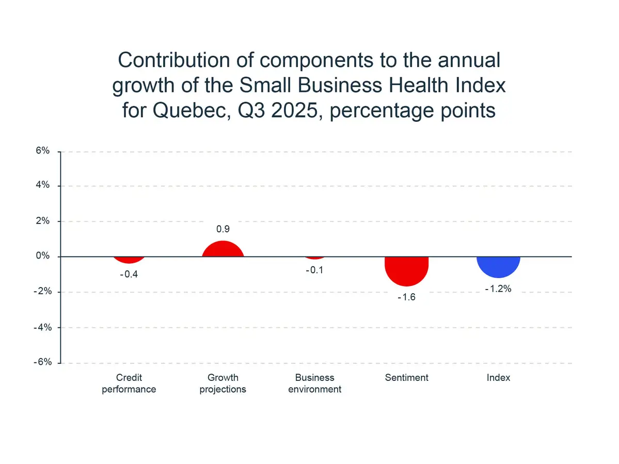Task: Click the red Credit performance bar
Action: (x=129, y=260)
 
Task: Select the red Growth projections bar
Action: (x=223, y=249)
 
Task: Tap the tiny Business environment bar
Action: (x=314, y=257)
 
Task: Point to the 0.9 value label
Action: (x=223, y=229)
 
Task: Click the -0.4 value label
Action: (x=129, y=275)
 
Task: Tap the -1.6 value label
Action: (x=406, y=297)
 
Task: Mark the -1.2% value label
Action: (x=498, y=289)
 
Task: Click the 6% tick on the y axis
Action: (x=43, y=151)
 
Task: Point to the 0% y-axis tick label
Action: (x=43, y=257)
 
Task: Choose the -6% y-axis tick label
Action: (x=41, y=362)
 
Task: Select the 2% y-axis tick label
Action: (x=43, y=221)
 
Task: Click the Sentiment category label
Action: (x=407, y=378)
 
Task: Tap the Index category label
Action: (x=498, y=378)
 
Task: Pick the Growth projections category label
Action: (x=223, y=383)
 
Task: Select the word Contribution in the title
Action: (x=172, y=60)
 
